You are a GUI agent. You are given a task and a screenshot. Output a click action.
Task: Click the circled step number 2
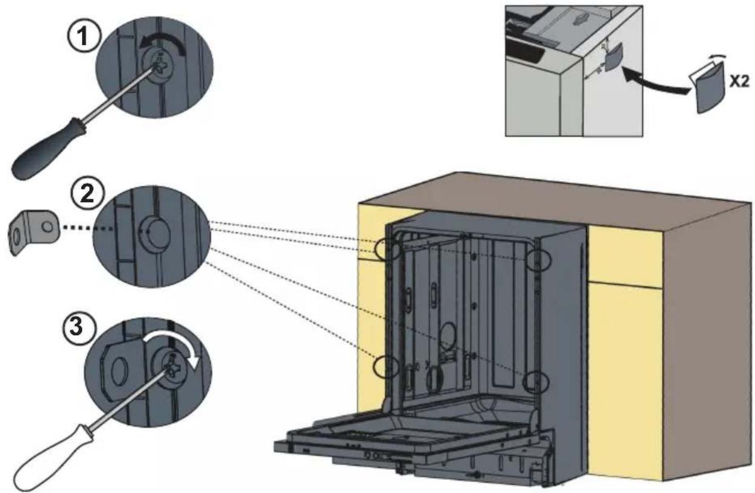point(87,195)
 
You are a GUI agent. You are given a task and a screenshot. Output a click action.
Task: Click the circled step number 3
point(78,326)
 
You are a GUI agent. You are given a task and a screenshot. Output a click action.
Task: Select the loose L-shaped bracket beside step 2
point(33,230)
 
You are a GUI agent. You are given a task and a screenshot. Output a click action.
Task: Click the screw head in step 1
point(160,66)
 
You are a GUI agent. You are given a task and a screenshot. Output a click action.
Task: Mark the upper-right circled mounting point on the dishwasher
point(538,259)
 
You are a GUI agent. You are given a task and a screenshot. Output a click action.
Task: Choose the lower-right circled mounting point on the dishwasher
point(536,382)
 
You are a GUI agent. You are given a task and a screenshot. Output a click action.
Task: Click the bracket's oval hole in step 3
point(118,372)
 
